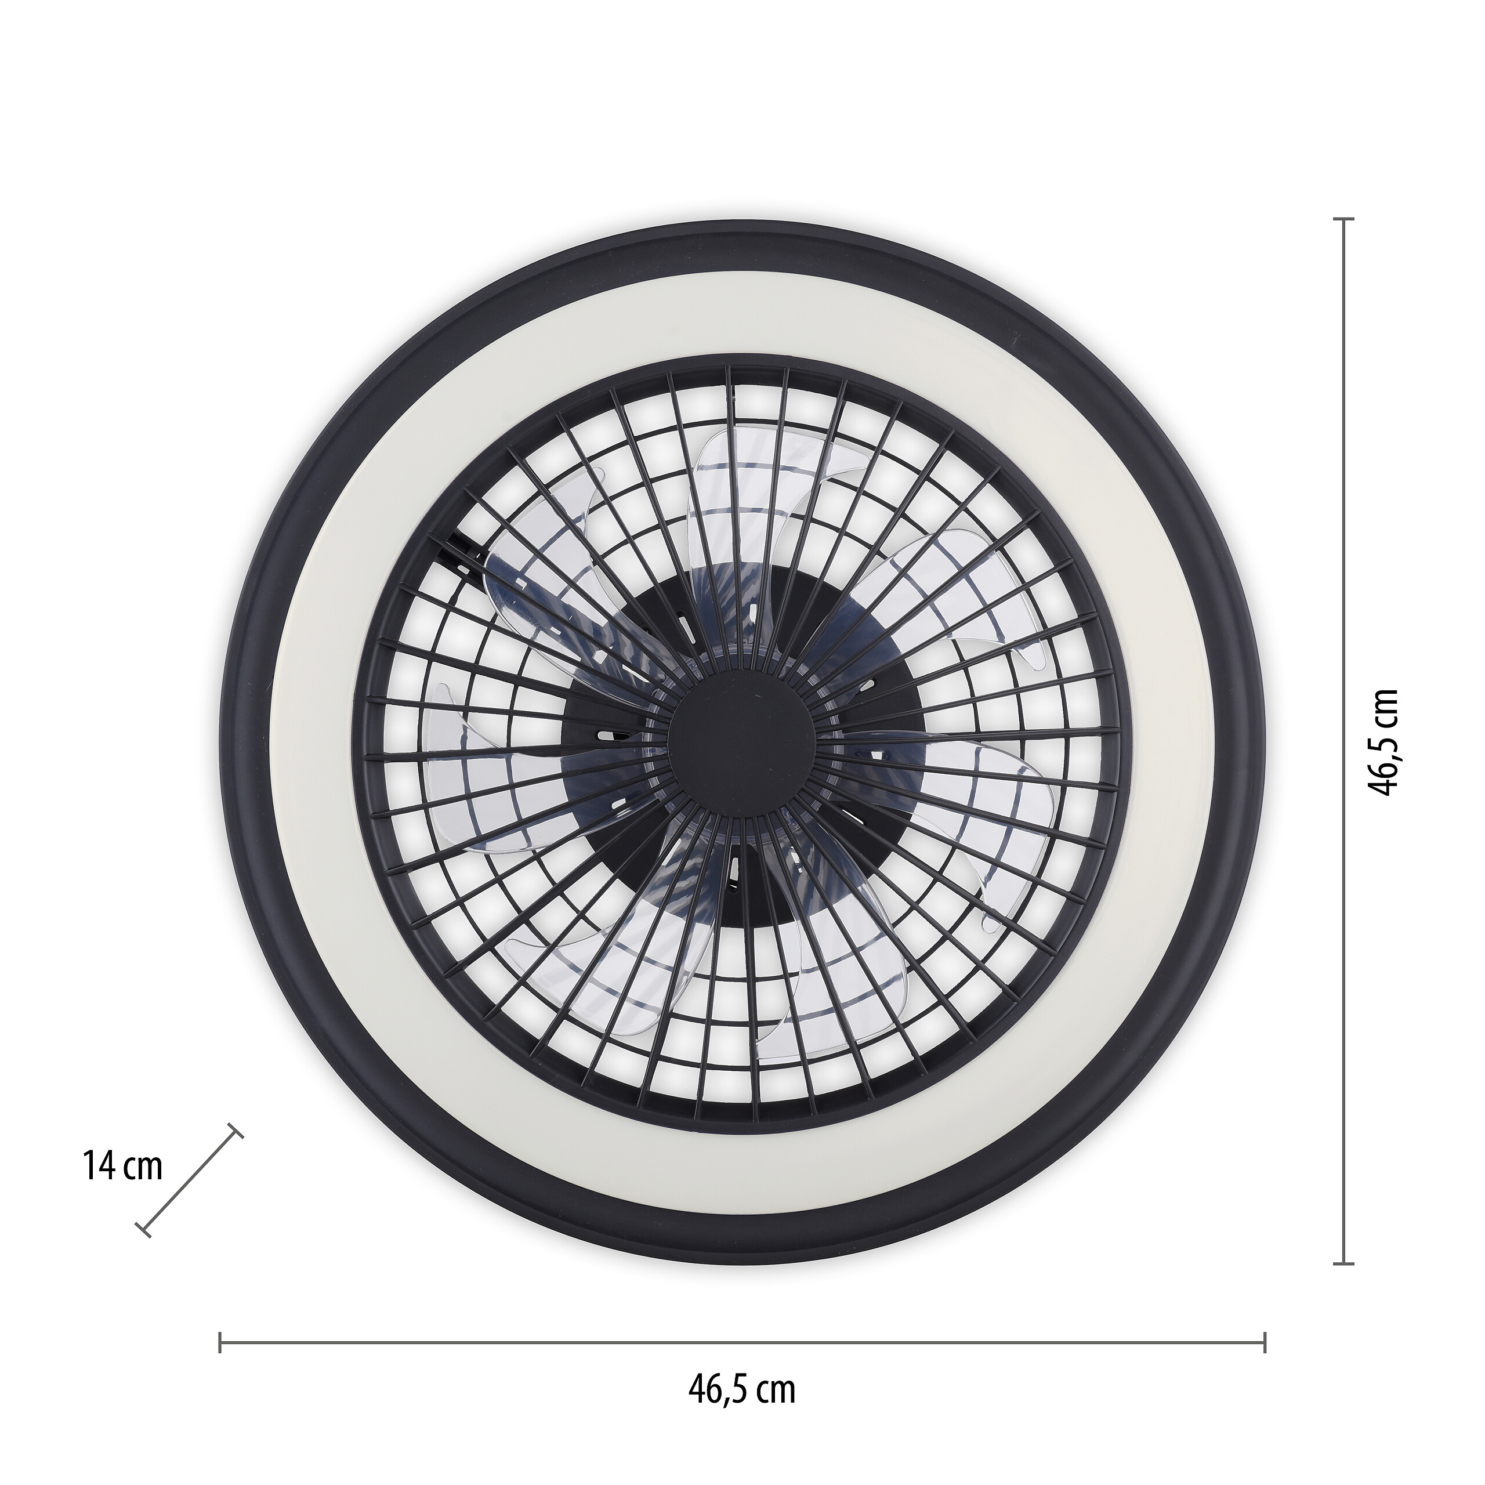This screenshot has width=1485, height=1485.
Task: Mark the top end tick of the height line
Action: tap(1342, 220)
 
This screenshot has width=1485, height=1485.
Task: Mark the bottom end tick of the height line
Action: tap(1342, 1263)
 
